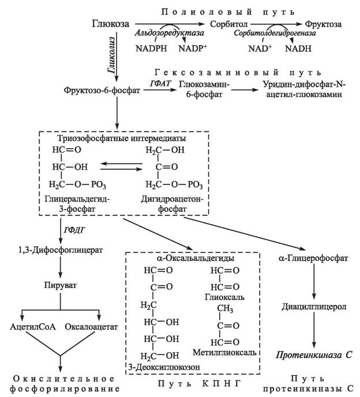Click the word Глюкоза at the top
(x=111, y=24)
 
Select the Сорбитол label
(x=228, y=24)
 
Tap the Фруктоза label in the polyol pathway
(x=323, y=24)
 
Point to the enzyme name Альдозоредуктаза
(x=169, y=33)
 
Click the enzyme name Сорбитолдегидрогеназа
(x=275, y=33)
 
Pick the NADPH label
(x=151, y=48)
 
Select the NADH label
(x=298, y=48)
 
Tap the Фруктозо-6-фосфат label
(x=102, y=90)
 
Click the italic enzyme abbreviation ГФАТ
(x=160, y=84)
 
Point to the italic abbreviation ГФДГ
(x=74, y=230)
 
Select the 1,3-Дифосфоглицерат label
(x=61, y=250)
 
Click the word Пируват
(x=61, y=285)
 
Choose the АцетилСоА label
(x=33, y=326)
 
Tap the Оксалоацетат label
(x=91, y=327)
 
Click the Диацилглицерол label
(x=314, y=307)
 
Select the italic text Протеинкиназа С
(x=314, y=355)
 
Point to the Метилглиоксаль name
(x=224, y=352)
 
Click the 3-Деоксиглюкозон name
(x=164, y=367)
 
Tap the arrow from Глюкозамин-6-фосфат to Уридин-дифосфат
(x=245, y=90)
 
